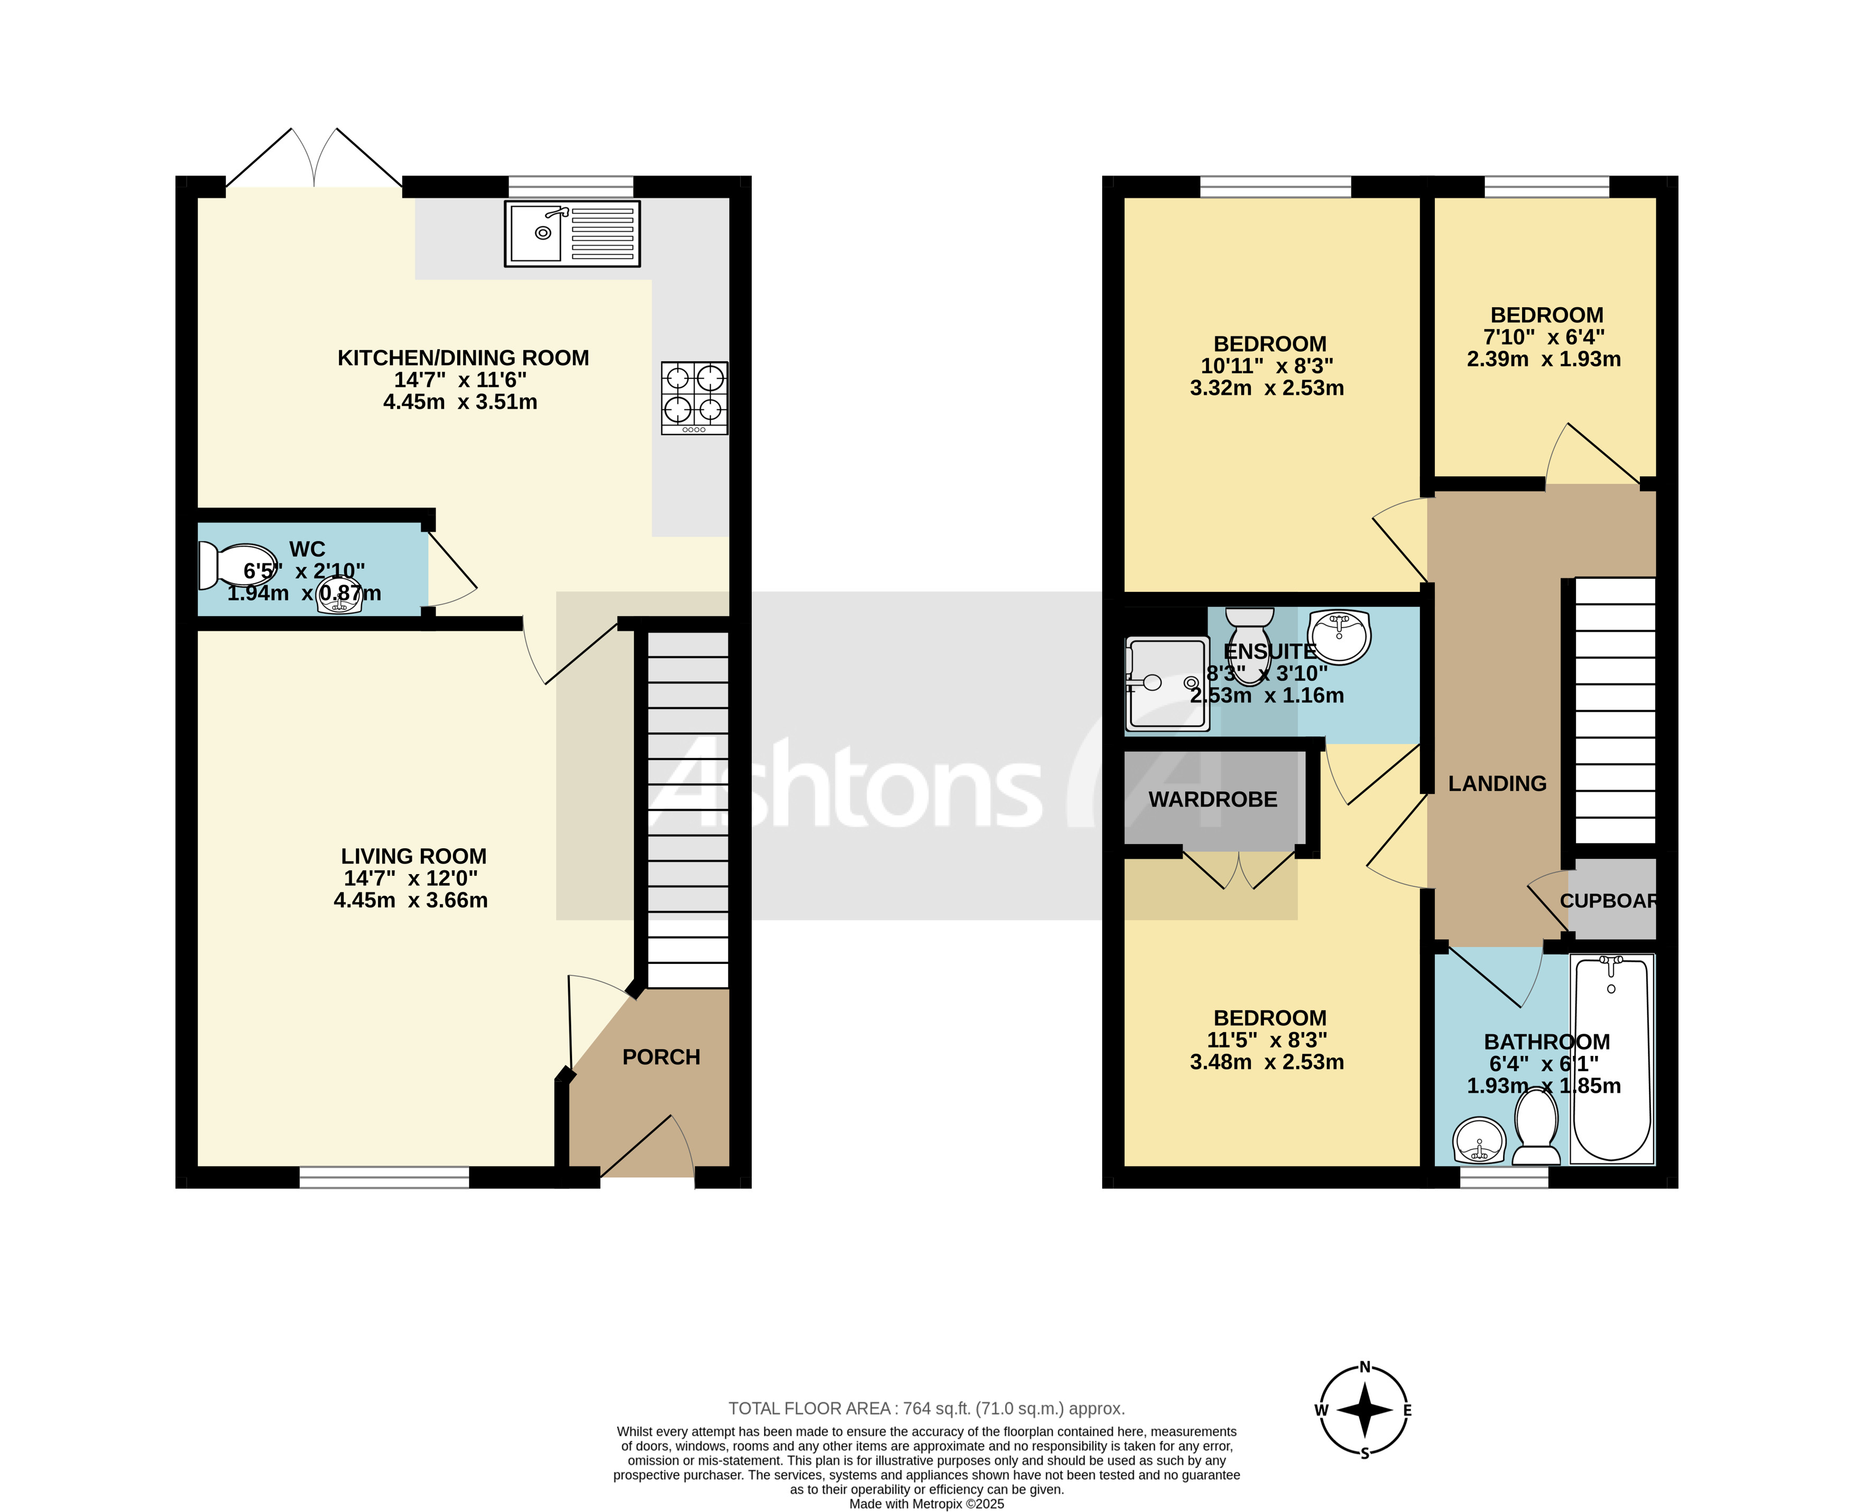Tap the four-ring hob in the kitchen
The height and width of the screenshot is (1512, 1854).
click(694, 398)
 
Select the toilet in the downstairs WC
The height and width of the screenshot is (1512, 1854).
click(235, 566)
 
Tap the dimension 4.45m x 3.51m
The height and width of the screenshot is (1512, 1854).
click(460, 402)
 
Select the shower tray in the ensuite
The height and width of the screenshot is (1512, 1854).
click(1167, 684)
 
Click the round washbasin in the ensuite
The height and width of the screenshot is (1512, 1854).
click(1339, 636)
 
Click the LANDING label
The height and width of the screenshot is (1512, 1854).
click(1496, 784)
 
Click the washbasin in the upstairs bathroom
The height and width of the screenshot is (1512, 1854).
click(1479, 1141)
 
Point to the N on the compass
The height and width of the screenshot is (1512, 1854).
click(1365, 1367)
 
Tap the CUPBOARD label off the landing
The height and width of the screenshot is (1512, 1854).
click(1608, 901)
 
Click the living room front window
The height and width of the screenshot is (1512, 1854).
click(384, 1177)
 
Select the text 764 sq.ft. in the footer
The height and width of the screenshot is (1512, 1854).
click(936, 1408)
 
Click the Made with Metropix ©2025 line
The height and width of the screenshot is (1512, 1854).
click(926, 1504)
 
